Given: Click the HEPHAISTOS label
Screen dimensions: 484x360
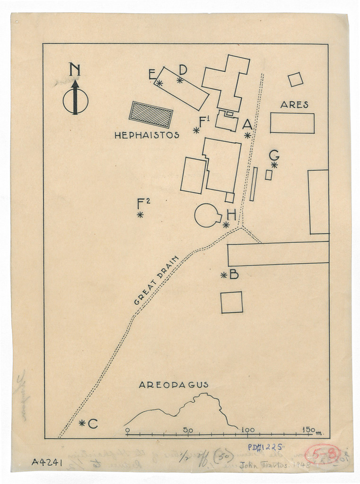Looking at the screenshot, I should (x=147, y=135).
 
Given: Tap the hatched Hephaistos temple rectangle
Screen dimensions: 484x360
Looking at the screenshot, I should (x=151, y=114).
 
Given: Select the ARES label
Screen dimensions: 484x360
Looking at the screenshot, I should (x=294, y=105).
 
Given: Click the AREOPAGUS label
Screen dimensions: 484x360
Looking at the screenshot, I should (x=173, y=385).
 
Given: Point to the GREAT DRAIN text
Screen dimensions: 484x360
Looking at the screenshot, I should (x=157, y=280).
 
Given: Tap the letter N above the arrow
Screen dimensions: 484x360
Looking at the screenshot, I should (x=74, y=70).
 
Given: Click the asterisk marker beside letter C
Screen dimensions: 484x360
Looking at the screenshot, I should (x=82, y=423).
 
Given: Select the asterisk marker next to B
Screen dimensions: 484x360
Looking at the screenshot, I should (x=224, y=275).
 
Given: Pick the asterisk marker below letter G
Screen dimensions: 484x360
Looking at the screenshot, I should (x=274, y=164).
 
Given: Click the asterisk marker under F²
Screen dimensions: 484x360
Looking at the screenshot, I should (x=140, y=215).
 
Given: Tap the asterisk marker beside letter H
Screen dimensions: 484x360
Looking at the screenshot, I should (x=226, y=225).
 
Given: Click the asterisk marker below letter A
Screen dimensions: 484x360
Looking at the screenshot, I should (x=247, y=135).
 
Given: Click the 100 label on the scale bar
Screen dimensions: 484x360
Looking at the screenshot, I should (x=248, y=430).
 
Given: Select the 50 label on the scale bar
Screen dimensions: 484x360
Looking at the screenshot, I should (x=188, y=430).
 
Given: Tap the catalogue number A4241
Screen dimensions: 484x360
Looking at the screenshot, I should (x=47, y=462).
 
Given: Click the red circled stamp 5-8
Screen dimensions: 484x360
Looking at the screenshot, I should (x=322, y=455).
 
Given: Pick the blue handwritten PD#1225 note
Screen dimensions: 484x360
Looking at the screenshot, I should (x=265, y=446).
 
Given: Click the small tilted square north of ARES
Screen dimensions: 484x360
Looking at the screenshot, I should (x=296, y=79).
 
